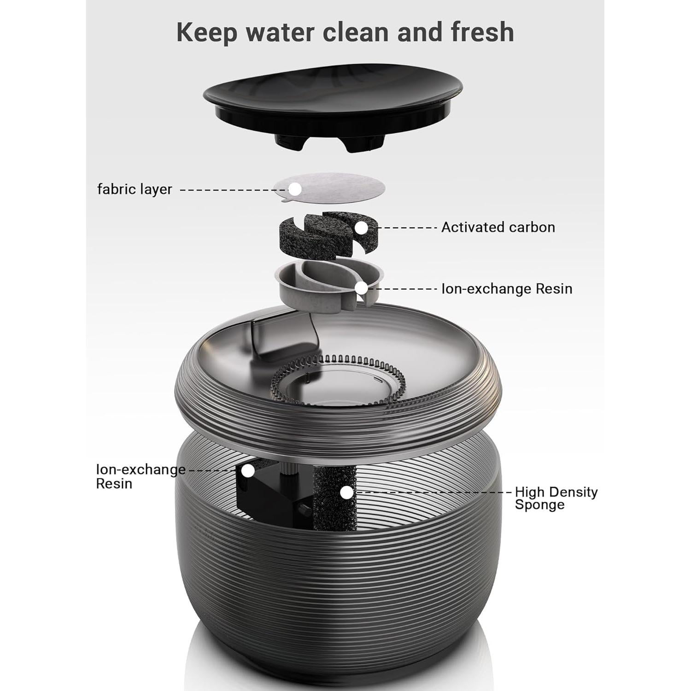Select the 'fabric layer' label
click(135, 189)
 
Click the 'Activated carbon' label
click(498, 227)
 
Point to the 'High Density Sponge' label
click(556, 498)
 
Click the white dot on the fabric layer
click(294, 189)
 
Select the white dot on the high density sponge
click(347, 492)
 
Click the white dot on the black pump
click(248, 470)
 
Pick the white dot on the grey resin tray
click(362, 288)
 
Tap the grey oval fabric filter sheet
click(341, 187)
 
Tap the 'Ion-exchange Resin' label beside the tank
click(141, 477)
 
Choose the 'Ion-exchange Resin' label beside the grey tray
click(507, 289)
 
